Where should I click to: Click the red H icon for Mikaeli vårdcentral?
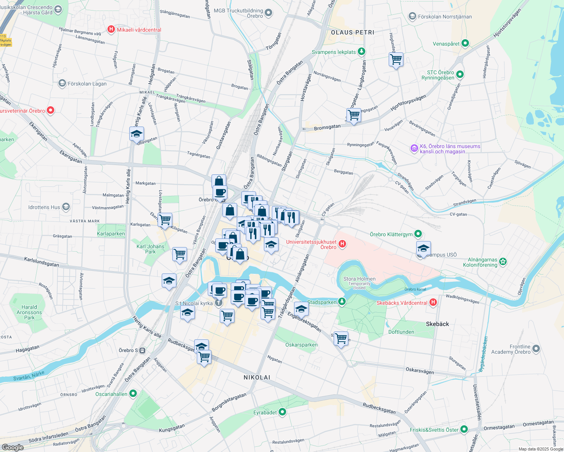tap(111, 29)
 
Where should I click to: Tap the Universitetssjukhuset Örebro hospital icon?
tap(342, 244)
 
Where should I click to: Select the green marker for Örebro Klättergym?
tap(418, 234)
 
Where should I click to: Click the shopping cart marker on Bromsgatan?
tap(354, 115)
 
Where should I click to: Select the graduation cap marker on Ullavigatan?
tap(136, 134)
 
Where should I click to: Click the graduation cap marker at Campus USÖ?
tap(423, 249)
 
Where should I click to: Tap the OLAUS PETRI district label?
tap(352, 32)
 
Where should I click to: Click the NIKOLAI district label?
tap(257, 377)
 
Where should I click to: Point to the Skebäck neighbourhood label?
tap(437, 324)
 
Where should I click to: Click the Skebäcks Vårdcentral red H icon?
tap(433, 302)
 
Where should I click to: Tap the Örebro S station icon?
tap(143, 350)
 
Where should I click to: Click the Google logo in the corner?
tap(12, 447)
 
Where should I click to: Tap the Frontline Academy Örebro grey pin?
tap(536, 349)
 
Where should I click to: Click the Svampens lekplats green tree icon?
tap(362, 51)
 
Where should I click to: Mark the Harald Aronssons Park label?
tap(29, 312)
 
